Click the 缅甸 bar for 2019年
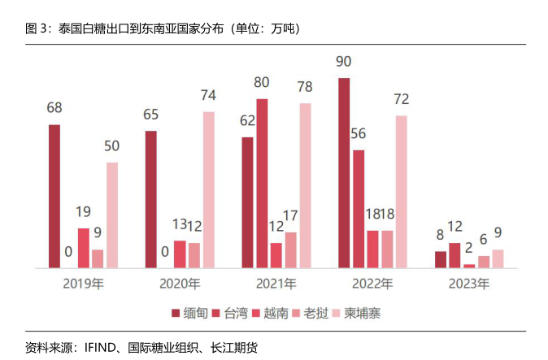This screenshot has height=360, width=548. click(x=54, y=196)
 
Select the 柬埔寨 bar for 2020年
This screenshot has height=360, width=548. click(x=209, y=189)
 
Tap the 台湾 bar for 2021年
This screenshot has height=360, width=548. click(x=262, y=183)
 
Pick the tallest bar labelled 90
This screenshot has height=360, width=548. click(x=344, y=172)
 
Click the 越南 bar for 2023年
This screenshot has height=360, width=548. click(x=469, y=265)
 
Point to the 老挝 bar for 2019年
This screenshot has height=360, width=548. click(x=98, y=258)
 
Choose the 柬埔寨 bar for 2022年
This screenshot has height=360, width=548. click(x=402, y=191)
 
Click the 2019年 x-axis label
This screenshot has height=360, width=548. click(x=83, y=284)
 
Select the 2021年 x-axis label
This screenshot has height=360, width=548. click(x=276, y=284)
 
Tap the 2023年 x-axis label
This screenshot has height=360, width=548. click(x=469, y=284)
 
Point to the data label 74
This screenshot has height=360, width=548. click(x=209, y=96)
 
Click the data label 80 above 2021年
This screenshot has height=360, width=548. click(x=262, y=82)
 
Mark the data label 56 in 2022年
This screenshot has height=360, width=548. click(x=359, y=134)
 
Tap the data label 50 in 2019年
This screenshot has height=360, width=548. click(x=111, y=146)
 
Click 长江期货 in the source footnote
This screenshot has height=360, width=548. click(x=233, y=347)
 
